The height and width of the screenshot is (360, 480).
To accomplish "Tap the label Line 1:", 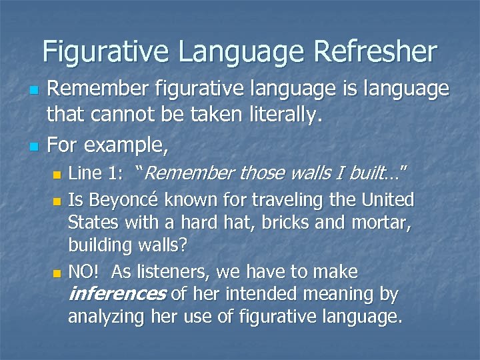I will click(95, 175).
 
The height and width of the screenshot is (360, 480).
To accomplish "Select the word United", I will click(389, 200).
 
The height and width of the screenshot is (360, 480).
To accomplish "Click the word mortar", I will click(381, 223).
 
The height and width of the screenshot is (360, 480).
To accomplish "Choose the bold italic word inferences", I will click(118, 294).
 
